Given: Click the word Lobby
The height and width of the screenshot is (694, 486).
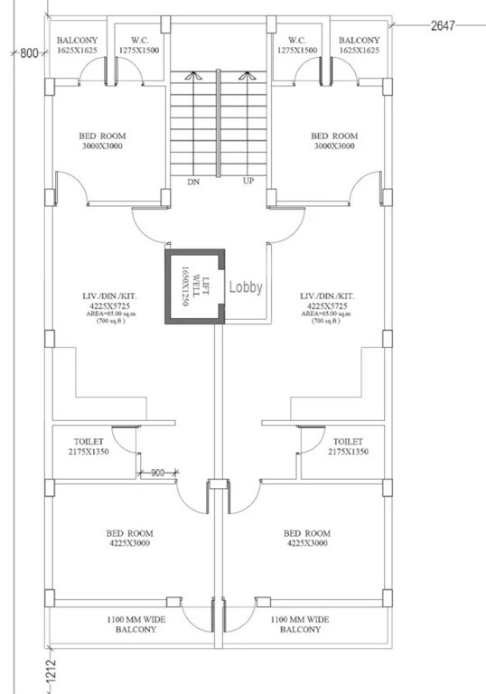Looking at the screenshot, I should [245, 287].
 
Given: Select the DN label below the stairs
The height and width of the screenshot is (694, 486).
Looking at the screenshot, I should [192, 182].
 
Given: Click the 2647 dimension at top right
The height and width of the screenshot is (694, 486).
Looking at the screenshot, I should [442, 26].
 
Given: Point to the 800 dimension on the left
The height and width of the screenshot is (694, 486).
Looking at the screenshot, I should [28, 54].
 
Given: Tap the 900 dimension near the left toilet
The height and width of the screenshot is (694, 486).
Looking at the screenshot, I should [158, 472].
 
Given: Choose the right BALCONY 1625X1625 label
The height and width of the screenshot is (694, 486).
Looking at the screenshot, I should [360, 45].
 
